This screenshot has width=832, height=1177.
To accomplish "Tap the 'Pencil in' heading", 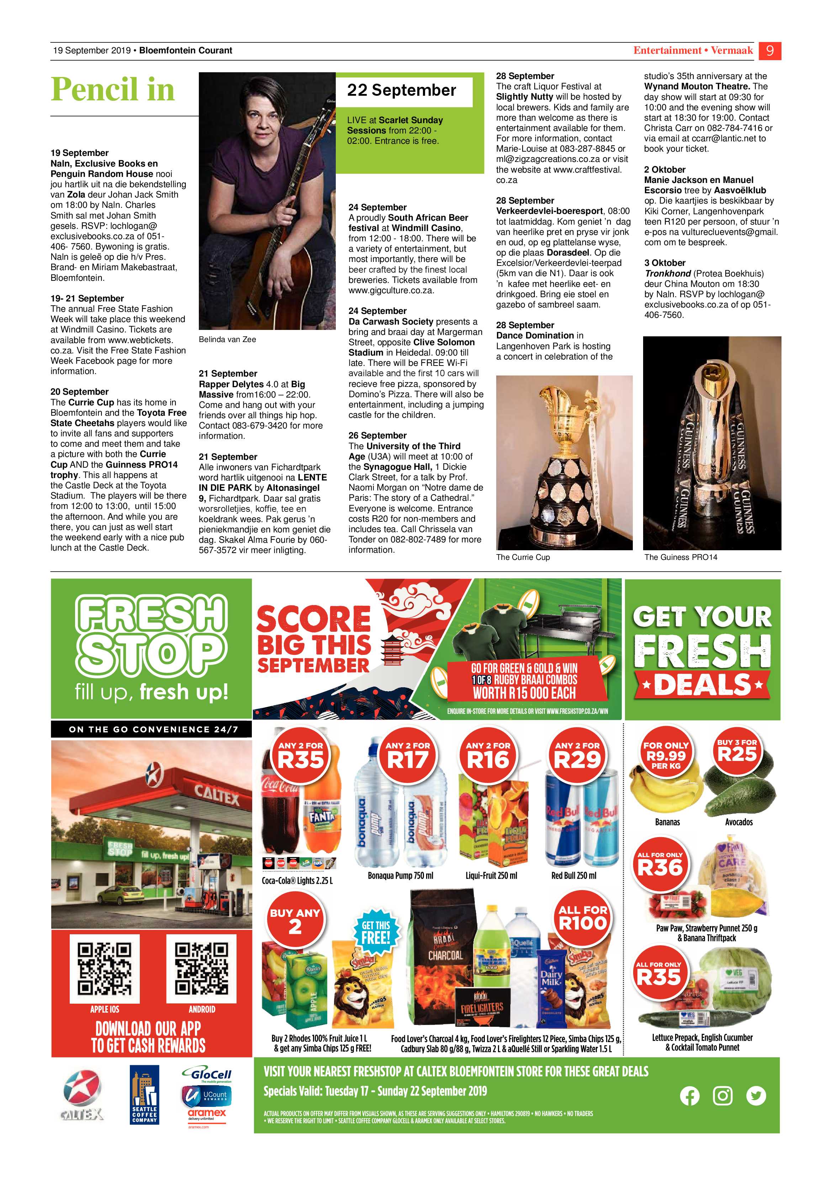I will point(113,89).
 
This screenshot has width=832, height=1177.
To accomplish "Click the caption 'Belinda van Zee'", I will point(227,339).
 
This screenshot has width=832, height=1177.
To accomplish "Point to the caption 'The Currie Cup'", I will point(523,557).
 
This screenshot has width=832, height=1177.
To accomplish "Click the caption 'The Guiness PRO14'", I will point(680,557).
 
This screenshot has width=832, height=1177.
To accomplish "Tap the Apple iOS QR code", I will point(105,968).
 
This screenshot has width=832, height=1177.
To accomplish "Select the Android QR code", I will point(201,968).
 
